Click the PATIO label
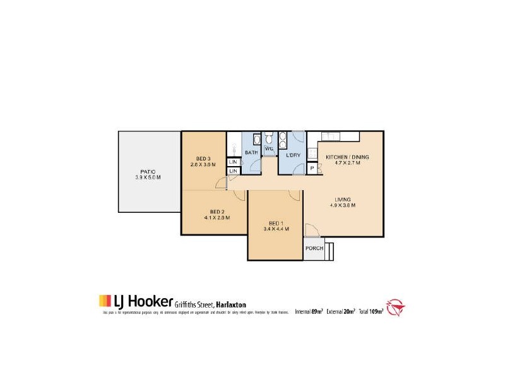[x=148, y=171]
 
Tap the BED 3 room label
[x=203, y=158]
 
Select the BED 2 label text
[x=217, y=212]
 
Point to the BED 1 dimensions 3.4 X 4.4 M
[x=275, y=229]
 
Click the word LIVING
[x=343, y=199]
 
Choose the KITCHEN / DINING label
[x=347, y=157]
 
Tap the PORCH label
[x=314, y=248]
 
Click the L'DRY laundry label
[x=292, y=155]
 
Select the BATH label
[x=251, y=153]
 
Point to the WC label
[x=268, y=149]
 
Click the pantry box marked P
[x=311, y=169]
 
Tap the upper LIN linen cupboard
[x=232, y=162]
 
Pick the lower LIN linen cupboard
[x=232, y=171]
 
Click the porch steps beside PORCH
[x=330, y=250]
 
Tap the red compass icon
[x=396, y=308]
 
